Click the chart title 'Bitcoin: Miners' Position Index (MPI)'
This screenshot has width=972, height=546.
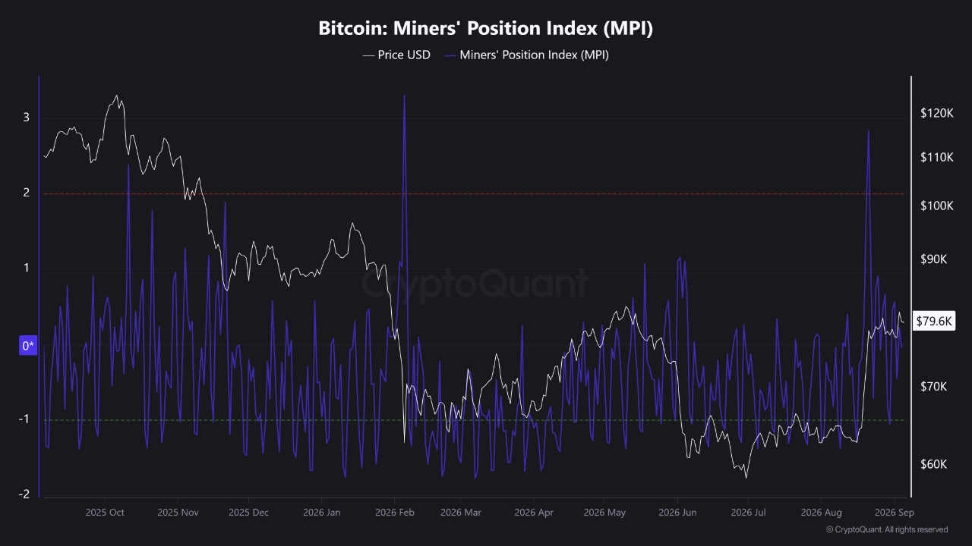(485, 28)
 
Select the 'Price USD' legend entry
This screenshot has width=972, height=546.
(396, 55)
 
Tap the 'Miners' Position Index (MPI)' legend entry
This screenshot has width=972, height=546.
(527, 55)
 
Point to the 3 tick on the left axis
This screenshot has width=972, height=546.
(27, 117)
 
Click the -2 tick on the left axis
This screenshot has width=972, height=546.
(24, 494)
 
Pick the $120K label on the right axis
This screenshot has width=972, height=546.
(937, 114)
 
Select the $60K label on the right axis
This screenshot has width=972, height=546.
(934, 465)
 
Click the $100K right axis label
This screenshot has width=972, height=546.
(937, 206)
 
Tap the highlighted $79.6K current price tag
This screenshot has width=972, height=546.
(934, 321)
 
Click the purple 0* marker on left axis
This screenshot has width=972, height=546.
(28, 345)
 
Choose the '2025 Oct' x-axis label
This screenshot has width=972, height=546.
(105, 513)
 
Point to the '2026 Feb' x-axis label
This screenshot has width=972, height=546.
(394, 513)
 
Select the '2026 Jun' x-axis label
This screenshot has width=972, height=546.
(677, 513)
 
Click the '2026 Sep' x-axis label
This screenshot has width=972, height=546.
(895, 513)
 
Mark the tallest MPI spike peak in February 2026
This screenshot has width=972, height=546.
(405, 95)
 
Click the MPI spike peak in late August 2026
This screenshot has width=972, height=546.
(868, 130)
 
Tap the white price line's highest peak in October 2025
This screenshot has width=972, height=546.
(116, 96)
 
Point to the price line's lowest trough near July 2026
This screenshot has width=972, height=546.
(746, 478)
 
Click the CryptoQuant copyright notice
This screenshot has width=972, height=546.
(887, 529)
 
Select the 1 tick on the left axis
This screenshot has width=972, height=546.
(27, 268)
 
